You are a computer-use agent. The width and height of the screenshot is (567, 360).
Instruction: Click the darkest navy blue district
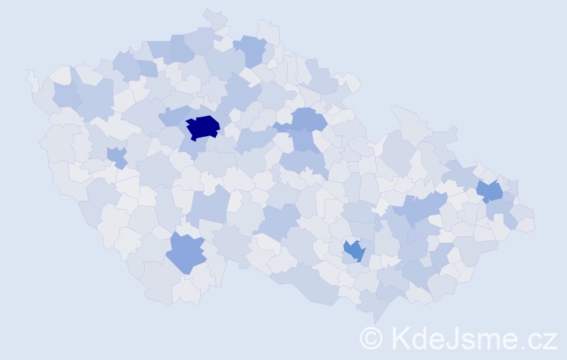pyautogui.click(x=203, y=127)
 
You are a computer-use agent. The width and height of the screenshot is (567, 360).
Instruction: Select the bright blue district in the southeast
pyautogui.click(x=354, y=251)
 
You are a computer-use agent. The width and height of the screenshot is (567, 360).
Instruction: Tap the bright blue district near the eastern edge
pyautogui.click(x=490, y=191)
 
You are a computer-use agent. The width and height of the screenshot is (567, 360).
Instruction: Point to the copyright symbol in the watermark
pyautogui.click(x=371, y=337)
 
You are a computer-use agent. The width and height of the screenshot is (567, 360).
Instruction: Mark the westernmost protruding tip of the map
pyautogui.click(x=29, y=73)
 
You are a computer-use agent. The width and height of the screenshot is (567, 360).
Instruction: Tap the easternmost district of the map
pyautogui.click(x=526, y=224)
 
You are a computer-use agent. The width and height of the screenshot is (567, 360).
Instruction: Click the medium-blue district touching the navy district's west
pyautogui.click(x=173, y=116)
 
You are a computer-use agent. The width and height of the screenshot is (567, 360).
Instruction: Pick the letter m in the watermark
pyautogui.click(x=491, y=339)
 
